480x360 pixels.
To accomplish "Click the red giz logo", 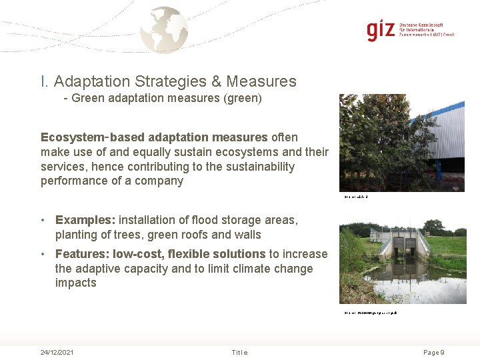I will [381, 31].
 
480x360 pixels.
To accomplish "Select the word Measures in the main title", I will [261, 81].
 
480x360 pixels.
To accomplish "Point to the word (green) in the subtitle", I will [244, 99].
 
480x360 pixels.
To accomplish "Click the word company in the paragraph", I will [161, 180].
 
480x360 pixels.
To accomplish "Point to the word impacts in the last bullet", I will [76, 283].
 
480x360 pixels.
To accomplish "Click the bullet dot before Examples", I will [43, 220].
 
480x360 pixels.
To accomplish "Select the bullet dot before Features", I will [43, 254].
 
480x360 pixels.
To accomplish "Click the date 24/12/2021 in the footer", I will [57, 352].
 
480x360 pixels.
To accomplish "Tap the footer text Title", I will [239, 352].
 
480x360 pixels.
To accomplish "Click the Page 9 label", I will [433, 352].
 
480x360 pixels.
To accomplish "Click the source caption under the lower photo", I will [370, 312].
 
